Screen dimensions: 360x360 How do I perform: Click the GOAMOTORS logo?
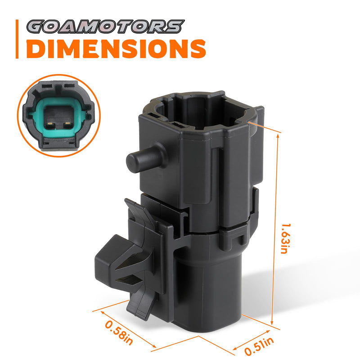point(105,27)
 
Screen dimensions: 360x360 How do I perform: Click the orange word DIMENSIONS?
point(116,49)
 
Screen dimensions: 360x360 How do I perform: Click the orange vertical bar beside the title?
point(17,39)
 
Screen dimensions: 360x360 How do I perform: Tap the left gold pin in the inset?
point(50,124)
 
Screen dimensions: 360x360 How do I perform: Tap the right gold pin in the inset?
point(67,124)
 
